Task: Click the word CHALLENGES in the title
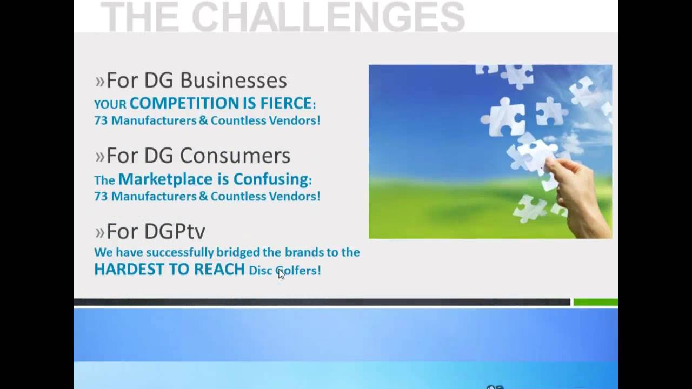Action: coord(328,16)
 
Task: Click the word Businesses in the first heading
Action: coord(234,81)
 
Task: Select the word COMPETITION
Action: coord(184,103)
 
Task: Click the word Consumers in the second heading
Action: coord(235,155)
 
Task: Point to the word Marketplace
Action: coord(165,179)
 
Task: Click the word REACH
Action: coord(219,269)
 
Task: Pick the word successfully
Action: coord(180,252)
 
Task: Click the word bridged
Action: coord(238,252)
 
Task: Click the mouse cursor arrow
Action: coord(281,273)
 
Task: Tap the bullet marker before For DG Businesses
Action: coord(99,82)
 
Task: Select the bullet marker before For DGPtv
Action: coord(99,232)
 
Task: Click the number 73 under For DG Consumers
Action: coord(101,196)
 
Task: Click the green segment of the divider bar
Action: coord(596,302)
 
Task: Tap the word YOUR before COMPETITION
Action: coord(110,105)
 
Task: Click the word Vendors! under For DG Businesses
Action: coord(295,120)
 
